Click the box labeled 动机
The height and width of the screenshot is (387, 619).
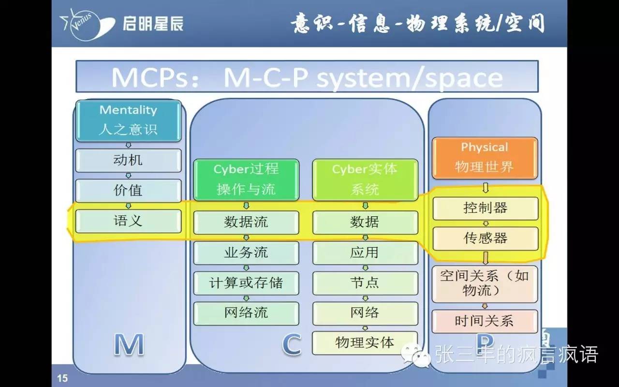tap(128, 160)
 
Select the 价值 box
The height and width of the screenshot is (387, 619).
tap(128, 191)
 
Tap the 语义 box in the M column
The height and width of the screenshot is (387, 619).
tap(128, 221)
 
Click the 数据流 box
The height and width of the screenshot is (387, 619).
tap(246, 222)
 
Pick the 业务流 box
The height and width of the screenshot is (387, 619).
tap(246, 253)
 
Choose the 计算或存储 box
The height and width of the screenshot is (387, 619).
tap(246, 283)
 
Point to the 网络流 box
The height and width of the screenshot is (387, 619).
tap(246, 313)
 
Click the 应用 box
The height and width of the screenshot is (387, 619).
tap(365, 253)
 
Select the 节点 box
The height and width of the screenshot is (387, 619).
tap(365, 283)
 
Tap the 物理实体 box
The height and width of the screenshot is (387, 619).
tap(365, 343)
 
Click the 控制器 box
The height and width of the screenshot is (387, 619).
tap(485, 208)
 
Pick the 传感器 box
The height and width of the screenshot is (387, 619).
tap(485, 238)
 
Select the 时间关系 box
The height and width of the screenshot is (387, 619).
tap(485, 321)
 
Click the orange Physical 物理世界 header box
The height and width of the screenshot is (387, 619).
tap(485, 158)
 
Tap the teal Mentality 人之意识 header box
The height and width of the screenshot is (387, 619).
tap(128, 120)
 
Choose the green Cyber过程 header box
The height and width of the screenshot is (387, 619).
tap(246, 179)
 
